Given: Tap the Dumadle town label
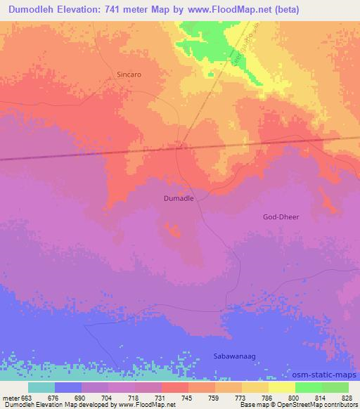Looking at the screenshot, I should [x=179, y=199].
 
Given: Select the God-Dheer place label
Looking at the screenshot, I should [x=281, y=217].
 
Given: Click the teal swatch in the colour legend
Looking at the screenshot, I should [x=41, y=387].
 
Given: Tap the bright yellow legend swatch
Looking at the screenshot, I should [x=281, y=387].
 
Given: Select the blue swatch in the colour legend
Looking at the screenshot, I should [x=67, y=387].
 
